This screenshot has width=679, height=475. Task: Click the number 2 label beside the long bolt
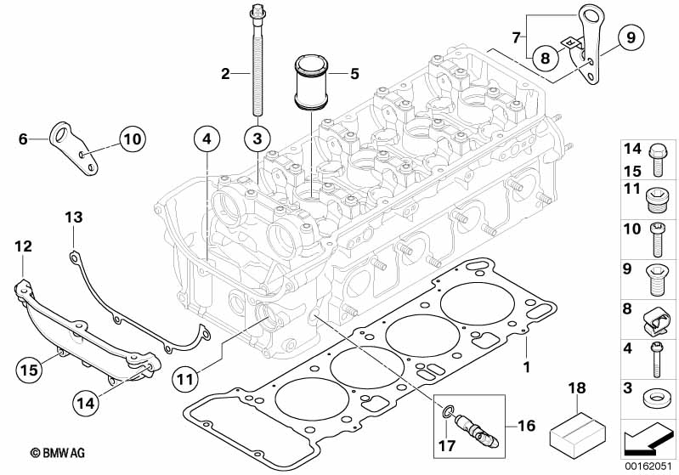tap(226, 74)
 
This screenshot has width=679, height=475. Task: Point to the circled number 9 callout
tap(631, 37)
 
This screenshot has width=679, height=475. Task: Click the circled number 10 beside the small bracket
tap(133, 138)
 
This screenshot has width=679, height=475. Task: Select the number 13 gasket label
tap(75, 218)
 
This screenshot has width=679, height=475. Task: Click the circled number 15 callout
tap(29, 370)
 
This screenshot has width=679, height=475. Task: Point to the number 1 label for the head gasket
tap(526, 367)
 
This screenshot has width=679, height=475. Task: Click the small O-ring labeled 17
tap(444, 414)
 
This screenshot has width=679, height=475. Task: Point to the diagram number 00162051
tap(648, 465)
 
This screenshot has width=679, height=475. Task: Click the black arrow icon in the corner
tap(648, 440)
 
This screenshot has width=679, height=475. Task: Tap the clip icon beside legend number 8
tap(657, 318)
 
